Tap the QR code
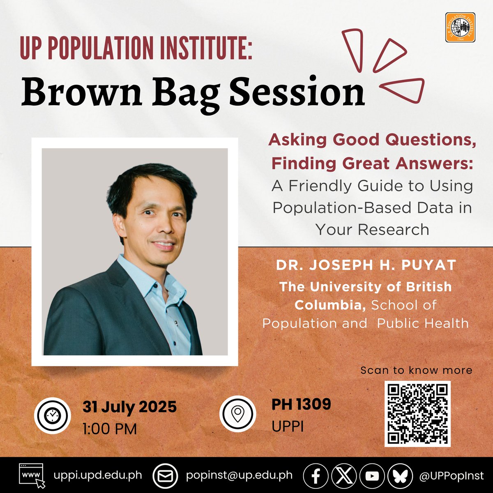coord(417,414)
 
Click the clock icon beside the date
coord(52,416)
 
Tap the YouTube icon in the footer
coord(372,476)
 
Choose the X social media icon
coord(344,476)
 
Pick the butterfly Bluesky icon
coord(399,476)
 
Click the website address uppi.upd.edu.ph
coord(98,475)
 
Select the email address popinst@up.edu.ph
coord(239,475)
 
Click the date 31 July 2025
coord(129,407)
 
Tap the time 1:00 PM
coord(110,429)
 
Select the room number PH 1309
coord(301,404)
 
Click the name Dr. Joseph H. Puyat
coord(366,265)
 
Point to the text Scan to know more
coord(416,370)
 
